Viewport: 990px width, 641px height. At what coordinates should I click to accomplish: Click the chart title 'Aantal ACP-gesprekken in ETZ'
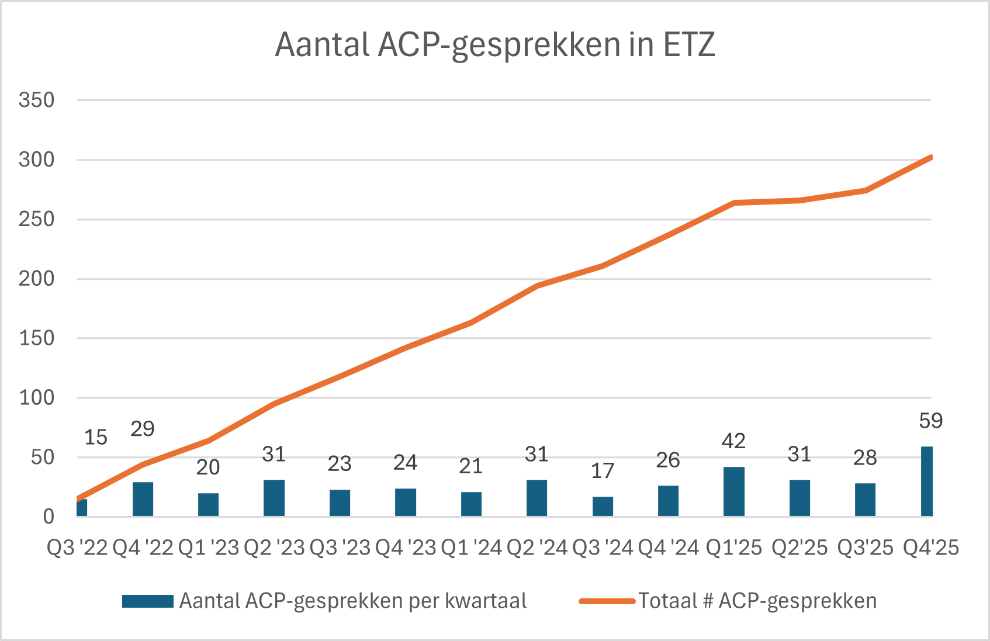coord(495,45)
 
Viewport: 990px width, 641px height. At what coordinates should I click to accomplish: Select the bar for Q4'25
coord(926,481)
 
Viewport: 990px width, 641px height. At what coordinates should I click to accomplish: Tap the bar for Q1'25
coord(734,491)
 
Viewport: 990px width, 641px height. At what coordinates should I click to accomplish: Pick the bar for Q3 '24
coord(603,507)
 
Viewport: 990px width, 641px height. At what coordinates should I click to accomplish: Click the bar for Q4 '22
coord(143,499)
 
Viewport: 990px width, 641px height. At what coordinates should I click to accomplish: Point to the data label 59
coord(930,421)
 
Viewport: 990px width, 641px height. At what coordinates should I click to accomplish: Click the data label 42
coord(733,441)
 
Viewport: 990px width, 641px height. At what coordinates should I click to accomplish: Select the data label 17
coord(603,470)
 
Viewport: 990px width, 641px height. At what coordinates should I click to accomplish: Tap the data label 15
coord(96,437)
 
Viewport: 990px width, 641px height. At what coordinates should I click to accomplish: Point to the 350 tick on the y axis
coord(36,100)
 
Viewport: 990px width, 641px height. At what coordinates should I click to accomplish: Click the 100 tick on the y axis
coord(36,398)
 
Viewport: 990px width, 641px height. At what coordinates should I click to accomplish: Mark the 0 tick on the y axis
coord(49,517)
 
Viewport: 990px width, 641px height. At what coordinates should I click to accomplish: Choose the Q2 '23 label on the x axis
coord(274,548)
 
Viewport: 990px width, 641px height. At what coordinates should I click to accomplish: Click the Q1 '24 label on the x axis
coord(471,548)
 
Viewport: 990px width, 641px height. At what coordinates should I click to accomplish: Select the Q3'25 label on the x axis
coord(865,548)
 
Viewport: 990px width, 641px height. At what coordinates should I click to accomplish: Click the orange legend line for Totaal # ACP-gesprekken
coord(607,601)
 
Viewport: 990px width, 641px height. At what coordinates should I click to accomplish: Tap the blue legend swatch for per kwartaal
coord(147,601)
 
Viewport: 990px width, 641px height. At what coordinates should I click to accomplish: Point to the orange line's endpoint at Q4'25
coord(930,157)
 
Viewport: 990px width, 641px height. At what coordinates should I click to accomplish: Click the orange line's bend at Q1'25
coord(734,203)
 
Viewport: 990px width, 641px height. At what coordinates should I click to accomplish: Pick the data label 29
coord(143,429)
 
